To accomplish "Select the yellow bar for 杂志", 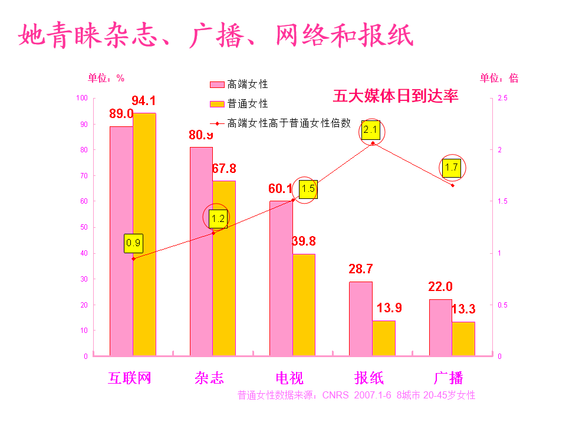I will coord(224,268).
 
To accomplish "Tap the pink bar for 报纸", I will coord(361,319).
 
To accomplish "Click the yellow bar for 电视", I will coord(304,305).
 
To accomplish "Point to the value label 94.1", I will coord(144,101).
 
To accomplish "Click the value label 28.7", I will coord(361,269).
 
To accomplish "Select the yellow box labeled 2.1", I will coord(370,130).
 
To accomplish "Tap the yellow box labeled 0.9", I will coord(133,243).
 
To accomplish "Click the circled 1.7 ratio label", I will coord(452,168).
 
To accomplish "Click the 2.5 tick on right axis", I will coord(502,98).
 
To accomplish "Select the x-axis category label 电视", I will coord(289,378).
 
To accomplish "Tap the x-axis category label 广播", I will coord(449,378).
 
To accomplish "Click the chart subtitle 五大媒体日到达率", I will coord(396,96).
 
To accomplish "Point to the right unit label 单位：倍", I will coord(499,79).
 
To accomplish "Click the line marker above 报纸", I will coord(373,143).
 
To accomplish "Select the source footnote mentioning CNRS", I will coord(356,395).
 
